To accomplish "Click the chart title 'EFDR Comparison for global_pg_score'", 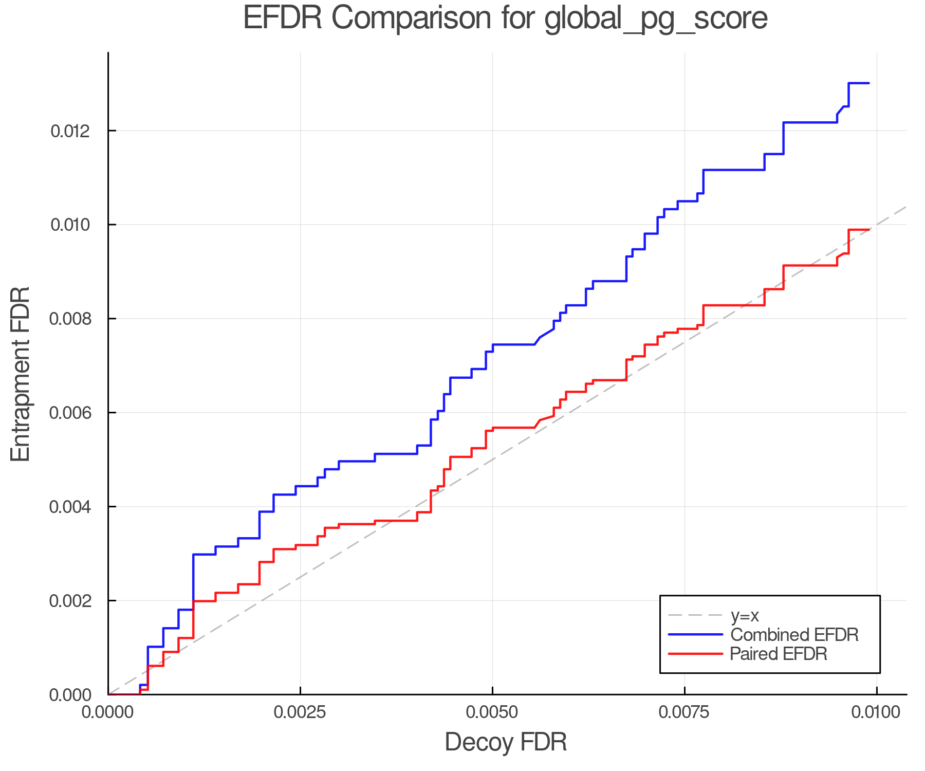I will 505,18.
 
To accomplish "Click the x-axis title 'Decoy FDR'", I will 506,742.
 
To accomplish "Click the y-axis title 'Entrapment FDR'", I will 21,374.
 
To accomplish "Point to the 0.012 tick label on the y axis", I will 70,131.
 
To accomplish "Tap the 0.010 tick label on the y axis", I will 70,225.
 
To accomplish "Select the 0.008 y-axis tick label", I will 70,319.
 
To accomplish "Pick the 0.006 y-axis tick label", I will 70,413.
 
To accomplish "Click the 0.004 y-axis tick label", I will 70,507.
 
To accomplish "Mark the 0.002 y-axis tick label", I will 70,601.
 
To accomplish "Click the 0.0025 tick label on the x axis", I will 300,712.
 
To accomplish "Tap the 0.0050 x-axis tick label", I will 492,712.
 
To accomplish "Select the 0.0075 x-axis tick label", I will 684,712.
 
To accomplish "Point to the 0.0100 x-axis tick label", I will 877,712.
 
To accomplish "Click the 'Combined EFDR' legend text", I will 794,635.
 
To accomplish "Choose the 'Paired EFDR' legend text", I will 779,654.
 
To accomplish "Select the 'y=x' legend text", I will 745,615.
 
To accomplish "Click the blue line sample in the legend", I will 695,635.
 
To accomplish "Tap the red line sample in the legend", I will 695,654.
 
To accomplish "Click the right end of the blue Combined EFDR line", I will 868,83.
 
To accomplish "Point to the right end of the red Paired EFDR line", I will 868,230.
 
